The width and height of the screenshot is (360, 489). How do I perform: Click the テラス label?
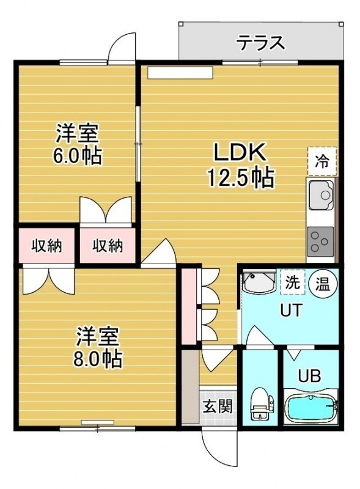tap(260, 43)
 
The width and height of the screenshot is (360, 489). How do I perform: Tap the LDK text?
tap(240, 152)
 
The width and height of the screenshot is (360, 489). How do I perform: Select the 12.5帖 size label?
tap(241, 178)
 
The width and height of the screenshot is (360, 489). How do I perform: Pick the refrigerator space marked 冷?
tap(322, 161)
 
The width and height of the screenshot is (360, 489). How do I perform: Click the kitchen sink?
tap(321, 195)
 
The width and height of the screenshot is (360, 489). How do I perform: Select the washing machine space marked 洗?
tap(292, 282)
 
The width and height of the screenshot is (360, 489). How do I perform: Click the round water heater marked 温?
tap(323, 284)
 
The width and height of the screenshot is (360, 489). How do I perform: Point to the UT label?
tap(291, 311)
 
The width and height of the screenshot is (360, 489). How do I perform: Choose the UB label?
tap(309, 376)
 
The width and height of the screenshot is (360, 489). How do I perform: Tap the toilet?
tap(262, 403)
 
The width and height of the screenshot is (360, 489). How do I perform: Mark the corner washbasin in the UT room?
tap(259, 282)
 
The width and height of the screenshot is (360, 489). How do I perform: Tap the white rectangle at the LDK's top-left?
tap(180, 72)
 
